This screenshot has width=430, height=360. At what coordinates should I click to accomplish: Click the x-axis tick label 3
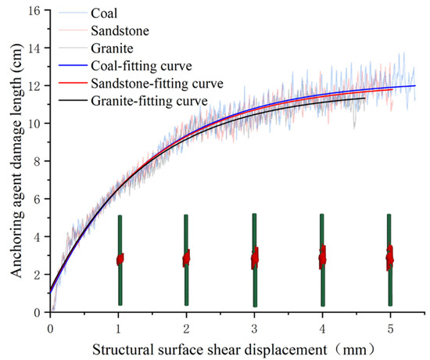coord(254,324)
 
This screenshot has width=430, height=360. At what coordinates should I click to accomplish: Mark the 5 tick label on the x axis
coord(389,324)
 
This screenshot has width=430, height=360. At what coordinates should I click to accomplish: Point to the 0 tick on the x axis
coord(50,324)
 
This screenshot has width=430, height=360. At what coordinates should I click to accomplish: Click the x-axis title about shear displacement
coord(220,345)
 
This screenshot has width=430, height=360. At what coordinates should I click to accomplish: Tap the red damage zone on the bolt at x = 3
coord(255,258)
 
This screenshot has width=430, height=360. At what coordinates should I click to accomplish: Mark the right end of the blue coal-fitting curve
coord(414,86)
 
